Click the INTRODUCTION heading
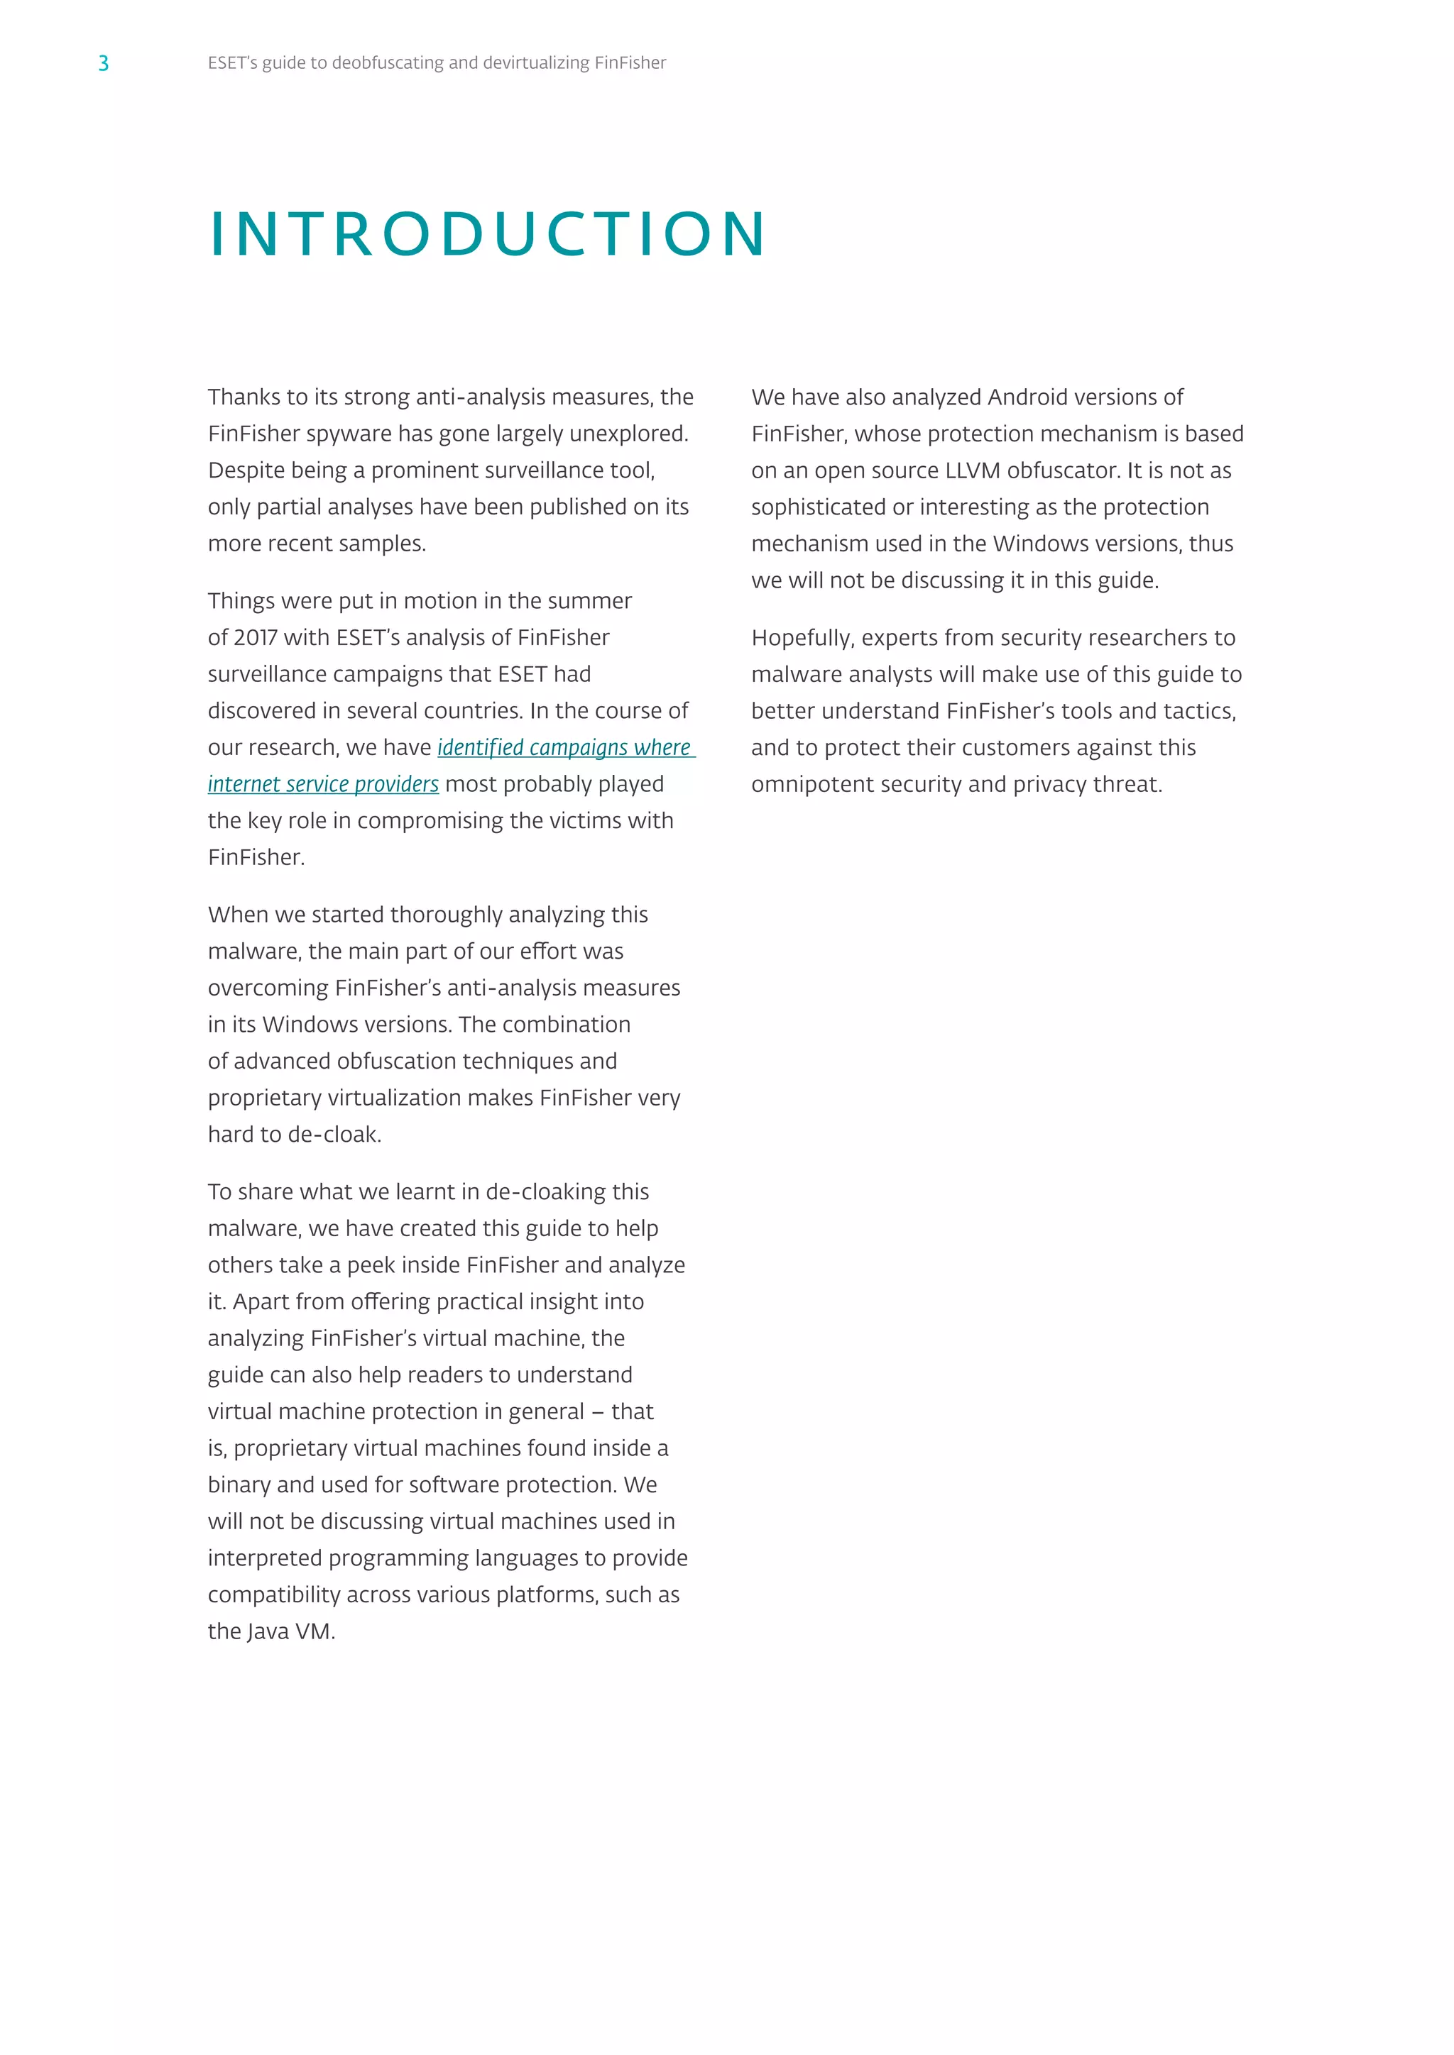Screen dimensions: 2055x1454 488,234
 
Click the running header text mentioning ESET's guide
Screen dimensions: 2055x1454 436,62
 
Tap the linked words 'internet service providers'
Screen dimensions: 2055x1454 323,784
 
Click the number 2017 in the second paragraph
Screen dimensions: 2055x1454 255,637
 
